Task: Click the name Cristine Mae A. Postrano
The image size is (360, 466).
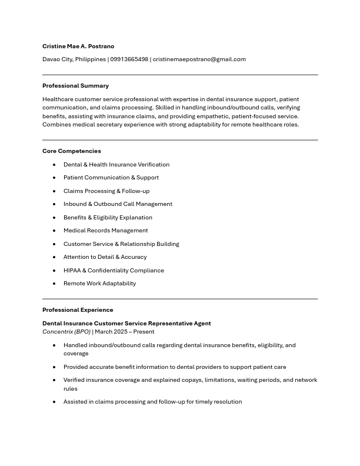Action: pos(78,46)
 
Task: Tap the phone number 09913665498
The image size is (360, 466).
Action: pos(129,59)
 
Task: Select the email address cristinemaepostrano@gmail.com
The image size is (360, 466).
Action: pos(199,59)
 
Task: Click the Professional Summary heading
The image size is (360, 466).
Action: pos(75,85)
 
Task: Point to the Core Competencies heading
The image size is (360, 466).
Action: pos(71,151)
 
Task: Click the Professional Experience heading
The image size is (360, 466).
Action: pos(78,309)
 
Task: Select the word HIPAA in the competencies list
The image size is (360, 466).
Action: pos(72,270)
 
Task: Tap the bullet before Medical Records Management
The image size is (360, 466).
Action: pos(54,231)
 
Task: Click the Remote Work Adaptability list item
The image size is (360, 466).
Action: pos(99,283)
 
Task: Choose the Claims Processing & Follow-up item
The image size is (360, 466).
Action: pos(106,191)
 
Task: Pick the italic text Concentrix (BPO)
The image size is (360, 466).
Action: pos(66,331)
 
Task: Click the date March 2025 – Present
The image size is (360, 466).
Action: pos(125,331)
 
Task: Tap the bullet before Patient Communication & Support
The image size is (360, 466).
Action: pos(54,178)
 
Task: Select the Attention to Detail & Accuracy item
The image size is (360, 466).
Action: pos(105,257)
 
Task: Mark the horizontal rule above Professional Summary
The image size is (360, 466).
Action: pos(180,75)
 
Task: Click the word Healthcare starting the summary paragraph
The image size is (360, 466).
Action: pos(58,99)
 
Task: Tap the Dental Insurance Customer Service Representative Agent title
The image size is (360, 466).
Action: pos(126,323)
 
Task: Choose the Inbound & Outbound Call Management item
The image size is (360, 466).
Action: pos(118,204)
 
